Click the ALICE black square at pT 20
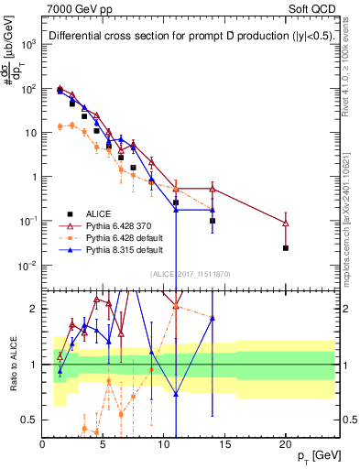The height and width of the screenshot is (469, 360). [286, 248]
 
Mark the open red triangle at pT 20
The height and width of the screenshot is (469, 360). [286, 223]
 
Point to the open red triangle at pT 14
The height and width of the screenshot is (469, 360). [213, 189]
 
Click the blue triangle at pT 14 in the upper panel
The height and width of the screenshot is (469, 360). [213, 210]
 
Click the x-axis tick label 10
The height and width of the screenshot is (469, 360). [164, 443]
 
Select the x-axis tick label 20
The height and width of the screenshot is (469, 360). [286, 443]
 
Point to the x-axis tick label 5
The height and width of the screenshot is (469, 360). [103, 443]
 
